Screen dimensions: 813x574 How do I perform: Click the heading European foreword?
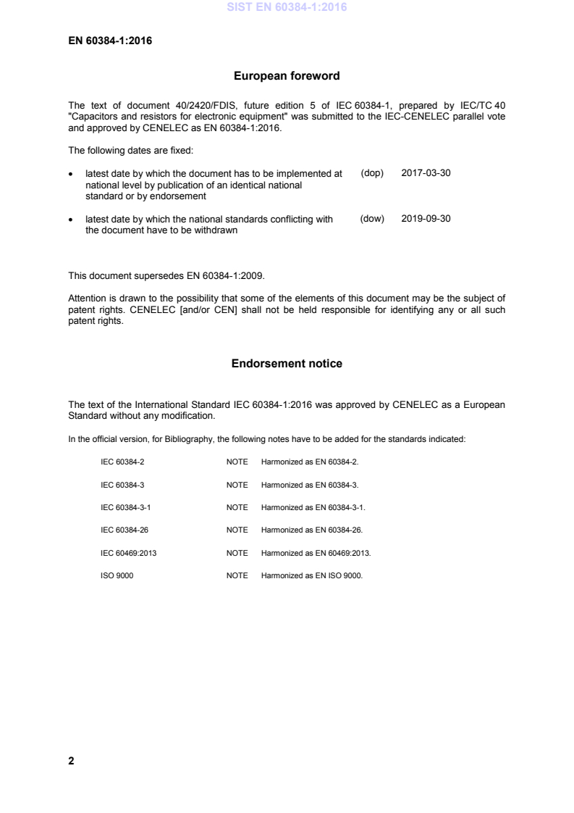(287, 75)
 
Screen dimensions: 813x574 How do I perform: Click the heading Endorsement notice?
(287, 364)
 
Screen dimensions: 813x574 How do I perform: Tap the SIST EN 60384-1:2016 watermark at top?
(287, 8)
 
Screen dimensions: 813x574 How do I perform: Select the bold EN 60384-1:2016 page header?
(109, 41)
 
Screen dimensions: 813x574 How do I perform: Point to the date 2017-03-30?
(426, 174)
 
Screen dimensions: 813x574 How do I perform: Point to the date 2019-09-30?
(426, 218)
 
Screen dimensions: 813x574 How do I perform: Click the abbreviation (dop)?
(371, 174)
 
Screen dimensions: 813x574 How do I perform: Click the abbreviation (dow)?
(371, 218)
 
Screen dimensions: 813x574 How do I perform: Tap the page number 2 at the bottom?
(71, 761)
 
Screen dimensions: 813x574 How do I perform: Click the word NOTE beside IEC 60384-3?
(237, 484)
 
